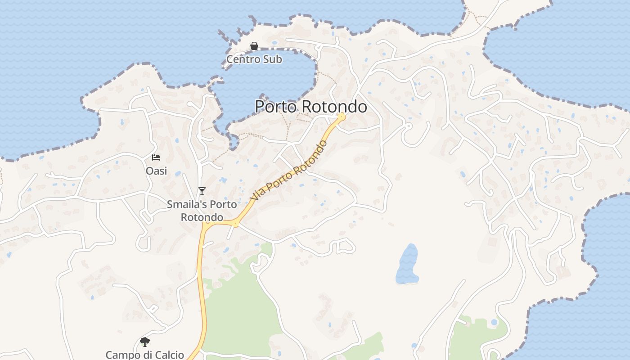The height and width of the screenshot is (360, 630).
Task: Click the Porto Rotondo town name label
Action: coord(310,107)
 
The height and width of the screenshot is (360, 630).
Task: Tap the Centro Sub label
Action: coord(254,59)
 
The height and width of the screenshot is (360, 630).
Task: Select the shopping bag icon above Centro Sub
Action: coord(254,46)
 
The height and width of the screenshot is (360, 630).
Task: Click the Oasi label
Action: coord(156,171)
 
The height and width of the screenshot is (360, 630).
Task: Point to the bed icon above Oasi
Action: coord(156,157)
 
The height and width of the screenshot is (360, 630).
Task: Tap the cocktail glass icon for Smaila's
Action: coord(202,191)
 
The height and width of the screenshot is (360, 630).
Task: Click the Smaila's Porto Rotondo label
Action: coord(202,211)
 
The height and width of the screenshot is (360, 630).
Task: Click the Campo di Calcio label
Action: coord(144,355)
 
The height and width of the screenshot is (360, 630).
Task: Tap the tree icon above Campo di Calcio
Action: coord(144,342)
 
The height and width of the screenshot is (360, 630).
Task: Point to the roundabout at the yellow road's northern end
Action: coord(341,117)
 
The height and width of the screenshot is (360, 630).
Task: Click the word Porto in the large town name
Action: coord(276,107)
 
